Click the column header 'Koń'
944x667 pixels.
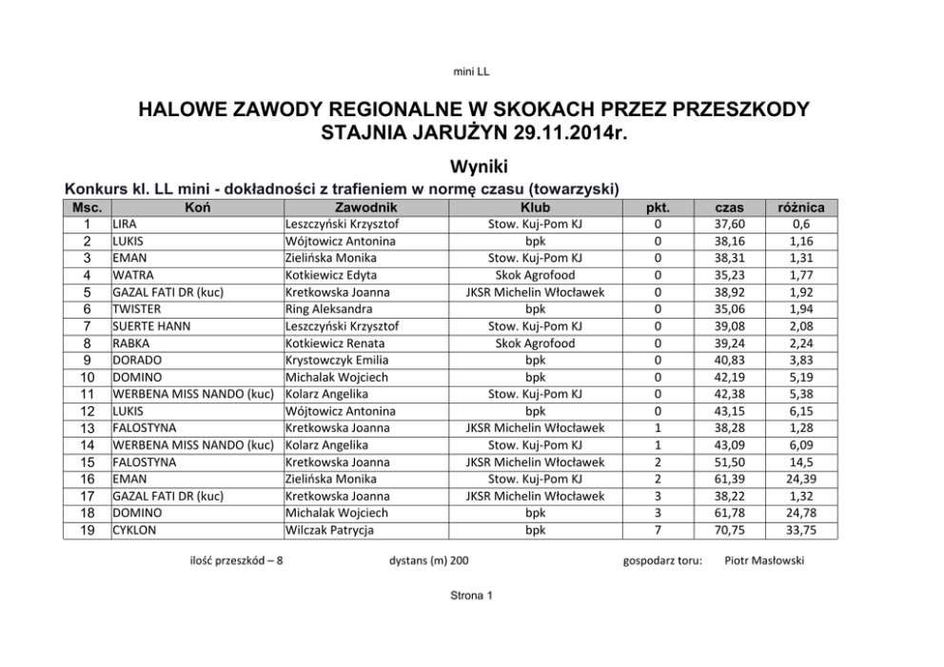pyautogui.click(x=198, y=206)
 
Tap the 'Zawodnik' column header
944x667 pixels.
pyautogui.click(x=366, y=206)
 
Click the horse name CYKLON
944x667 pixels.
pyautogui.click(x=132, y=530)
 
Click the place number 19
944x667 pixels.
pyautogui.click(x=87, y=530)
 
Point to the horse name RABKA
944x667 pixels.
pyautogui.click(x=130, y=343)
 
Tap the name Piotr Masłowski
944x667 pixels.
pyautogui.click(x=763, y=560)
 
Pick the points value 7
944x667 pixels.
pyautogui.click(x=658, y=530)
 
